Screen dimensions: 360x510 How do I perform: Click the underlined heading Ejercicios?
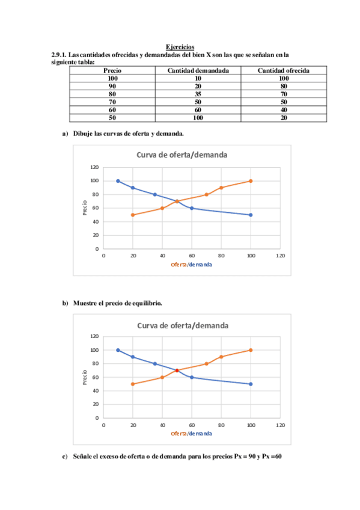[180, 47]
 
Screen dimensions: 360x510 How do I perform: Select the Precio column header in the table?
[112, 71]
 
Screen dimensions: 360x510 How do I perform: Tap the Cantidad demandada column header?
[198, 71]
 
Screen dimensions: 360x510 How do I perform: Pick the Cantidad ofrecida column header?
[284, 71]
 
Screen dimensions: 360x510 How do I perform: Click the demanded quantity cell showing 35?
[198, 94]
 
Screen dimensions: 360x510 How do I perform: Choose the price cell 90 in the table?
[112, 87]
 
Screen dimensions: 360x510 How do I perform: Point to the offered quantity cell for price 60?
[284, 110]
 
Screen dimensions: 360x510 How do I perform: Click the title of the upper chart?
[182, 155]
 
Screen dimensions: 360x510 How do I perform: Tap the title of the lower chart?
[182, 325]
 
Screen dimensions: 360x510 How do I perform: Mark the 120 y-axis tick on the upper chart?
[94, 167]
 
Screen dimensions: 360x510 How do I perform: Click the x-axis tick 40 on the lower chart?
[162, 425]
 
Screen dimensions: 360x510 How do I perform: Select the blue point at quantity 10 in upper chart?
[118, 181]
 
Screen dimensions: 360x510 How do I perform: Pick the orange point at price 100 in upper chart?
[251, 181]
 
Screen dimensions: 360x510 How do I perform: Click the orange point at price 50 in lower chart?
[133, 384]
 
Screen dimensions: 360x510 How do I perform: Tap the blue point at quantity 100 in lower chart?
[251, 384]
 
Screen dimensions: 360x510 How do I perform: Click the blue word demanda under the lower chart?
[200, 434]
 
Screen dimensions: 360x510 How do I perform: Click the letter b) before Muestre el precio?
[66, 303]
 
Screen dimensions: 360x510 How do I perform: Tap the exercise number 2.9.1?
[61, 55]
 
